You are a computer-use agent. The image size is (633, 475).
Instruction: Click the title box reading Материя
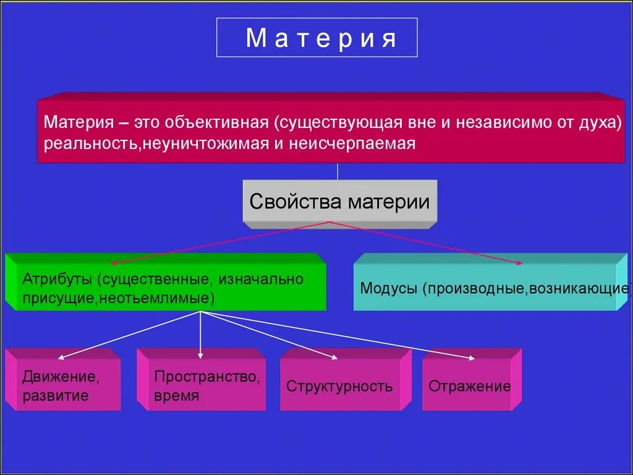pyautogui.click(x=316, y=38)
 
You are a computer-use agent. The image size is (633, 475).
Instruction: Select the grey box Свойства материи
pyautogui.click(x=339, y=202)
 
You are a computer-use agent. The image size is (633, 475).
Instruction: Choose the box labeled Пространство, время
pyautogui.click(x=201, y=385)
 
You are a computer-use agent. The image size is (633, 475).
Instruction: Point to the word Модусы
pyautogui.click(x=389, y=288)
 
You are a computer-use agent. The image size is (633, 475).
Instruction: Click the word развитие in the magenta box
pyautogui.click(x=55, y=396)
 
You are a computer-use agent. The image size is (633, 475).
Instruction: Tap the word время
pyautogui.click(x=177, y=396)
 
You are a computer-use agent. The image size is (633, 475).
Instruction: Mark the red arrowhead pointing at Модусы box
pyautogui.click(x=519, y=263)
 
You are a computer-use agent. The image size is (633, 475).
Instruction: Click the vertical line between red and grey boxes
pyautogui.click(x=338, y=171)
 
